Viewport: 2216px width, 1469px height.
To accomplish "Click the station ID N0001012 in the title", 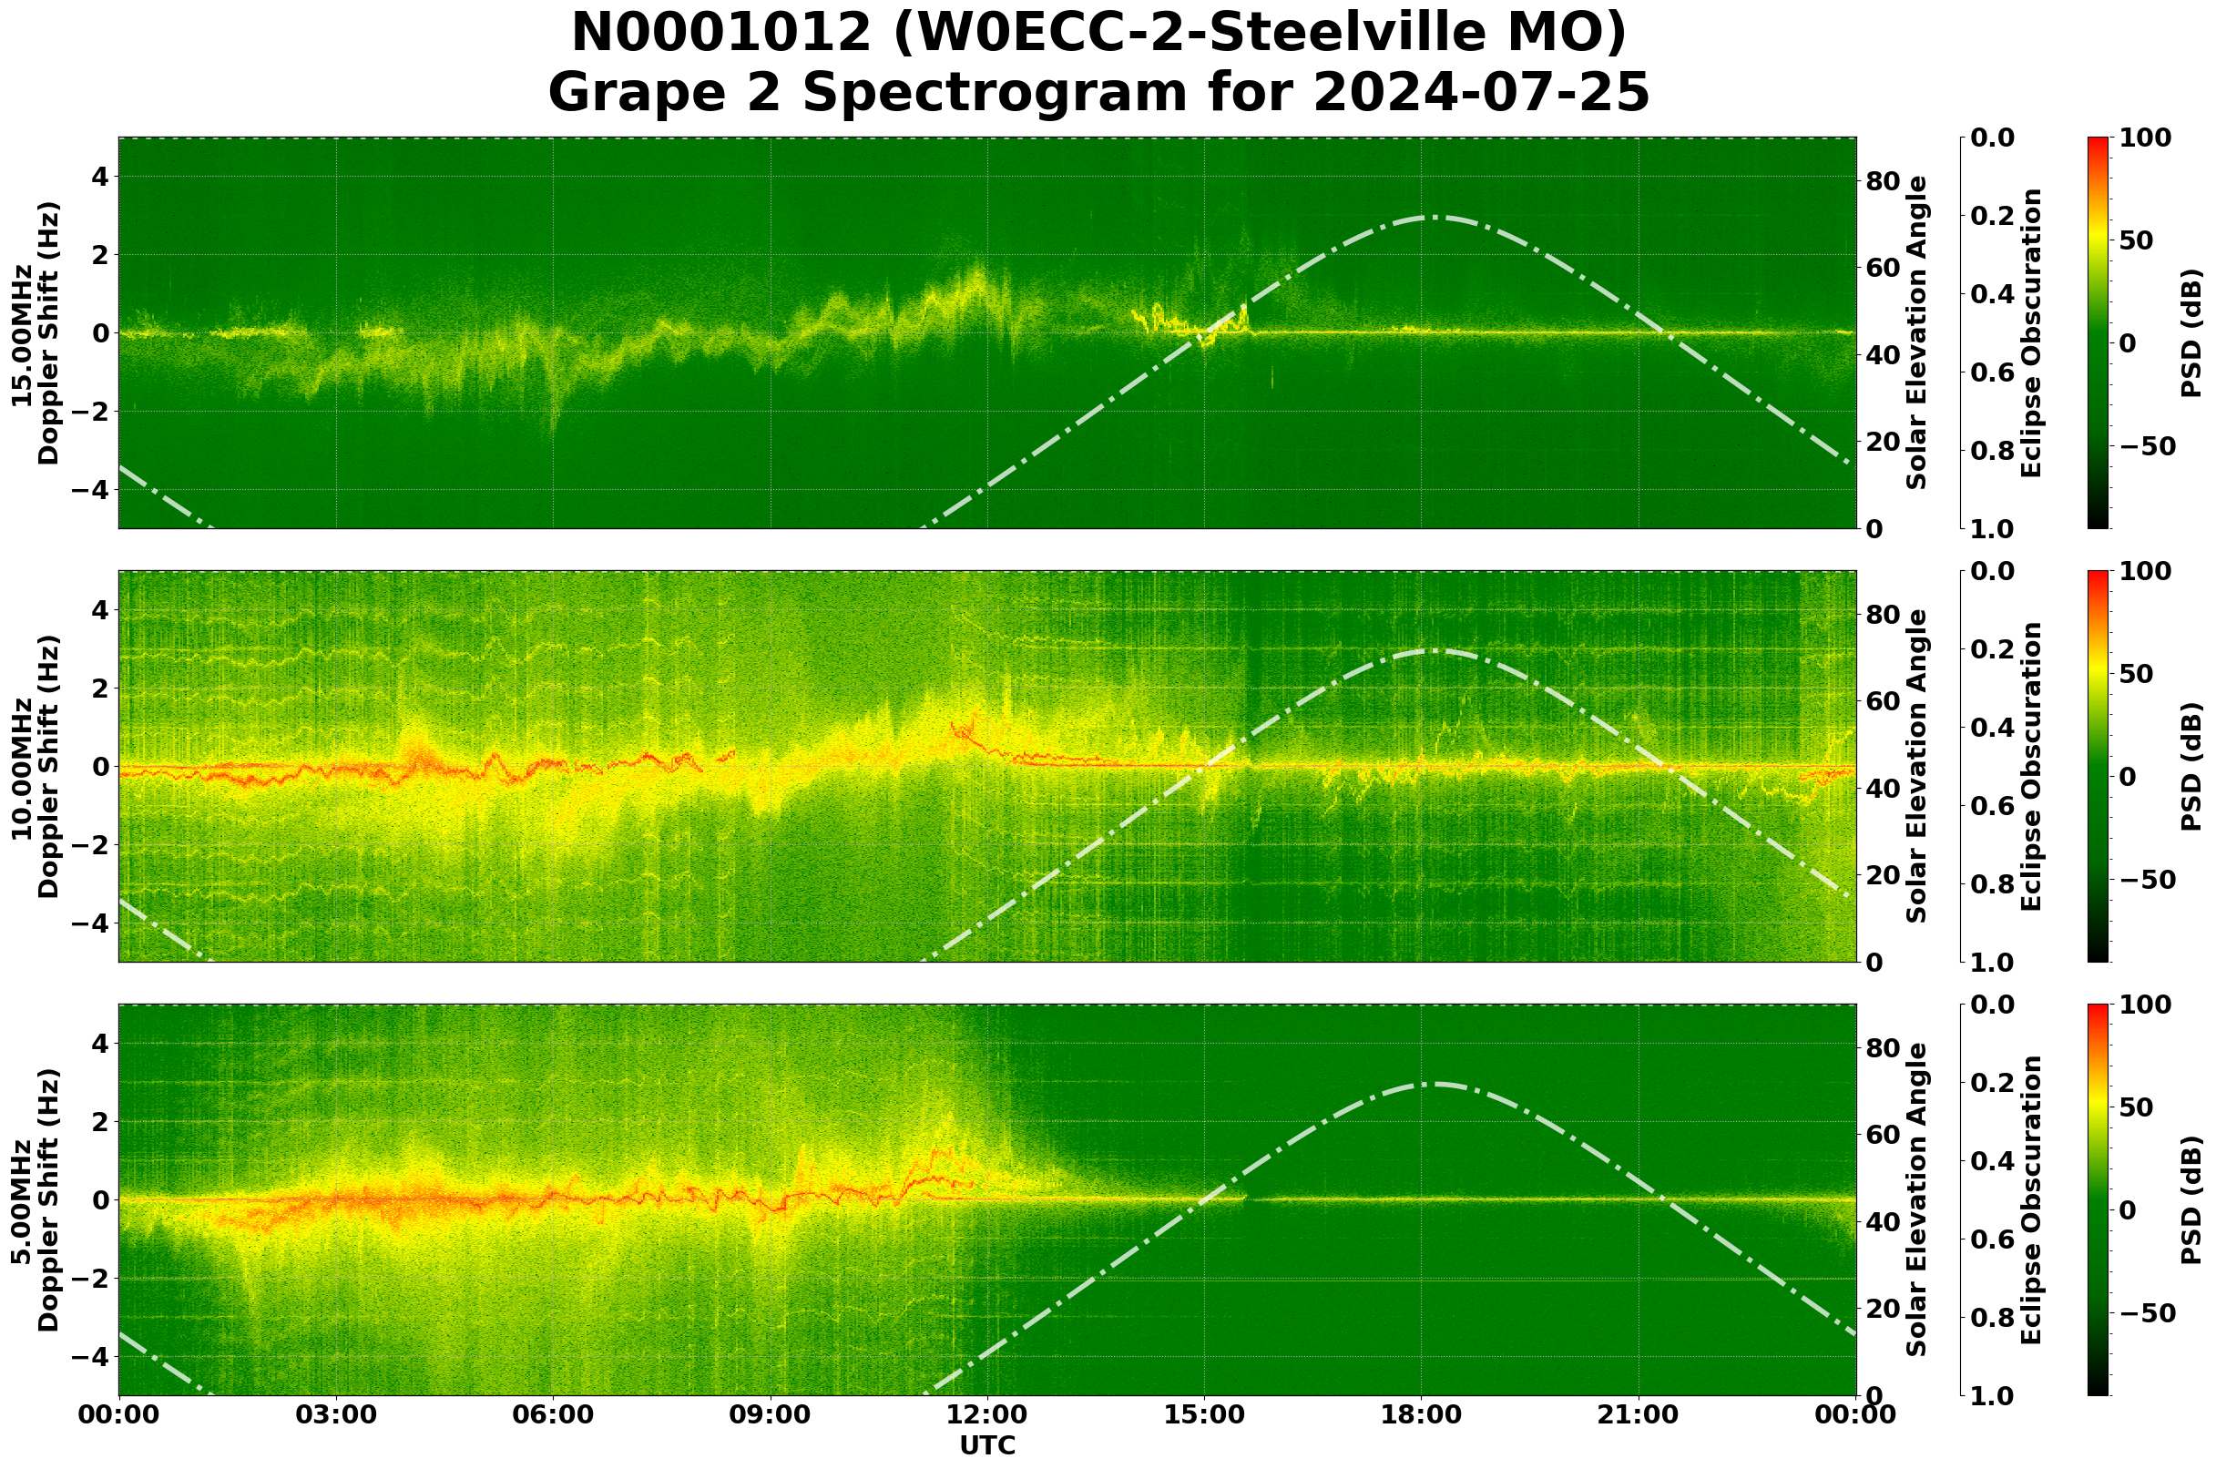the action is click(x=720, y=34).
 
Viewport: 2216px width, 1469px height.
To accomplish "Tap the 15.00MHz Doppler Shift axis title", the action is click(x=35, y=333).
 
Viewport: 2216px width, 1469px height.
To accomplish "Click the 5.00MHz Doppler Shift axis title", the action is click(x=35, y=1200).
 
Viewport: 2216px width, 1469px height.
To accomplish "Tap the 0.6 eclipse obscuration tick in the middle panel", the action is click(x=1994, y=807).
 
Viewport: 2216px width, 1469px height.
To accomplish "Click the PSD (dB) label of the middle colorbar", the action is click(x=2191, y=766).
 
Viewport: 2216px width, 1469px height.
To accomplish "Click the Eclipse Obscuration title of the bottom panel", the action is click(x=2031, y=1200).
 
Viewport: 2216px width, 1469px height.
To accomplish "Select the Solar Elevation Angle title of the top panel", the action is click(x=1918, y=332).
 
